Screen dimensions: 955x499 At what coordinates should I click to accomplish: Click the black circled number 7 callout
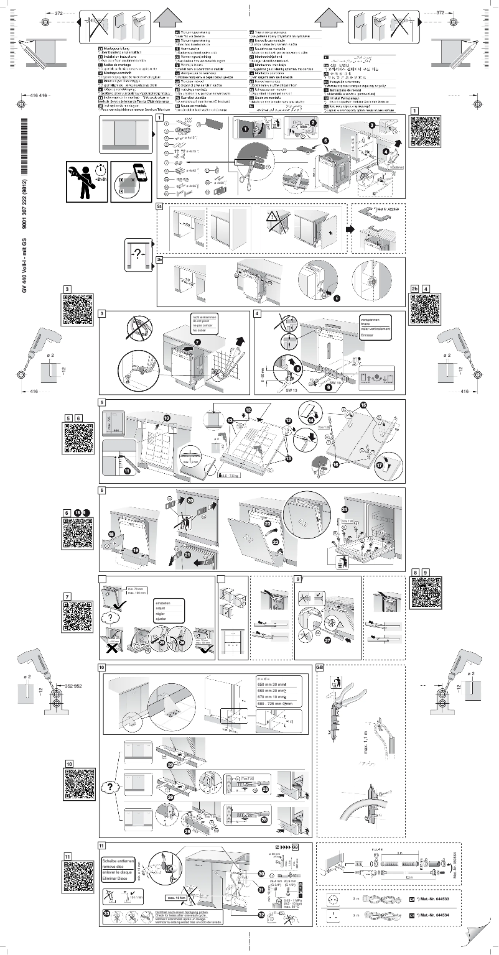(197, 342)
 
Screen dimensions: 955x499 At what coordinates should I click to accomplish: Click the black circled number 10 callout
(167, 417)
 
